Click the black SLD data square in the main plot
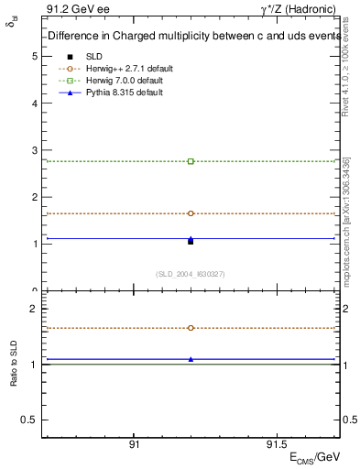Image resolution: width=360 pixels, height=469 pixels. (191, 242)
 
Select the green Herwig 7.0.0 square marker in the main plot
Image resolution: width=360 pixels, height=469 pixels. (191, 161)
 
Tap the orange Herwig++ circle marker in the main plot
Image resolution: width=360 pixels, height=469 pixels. (191, 213)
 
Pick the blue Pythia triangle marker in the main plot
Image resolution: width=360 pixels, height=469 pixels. (191, 238)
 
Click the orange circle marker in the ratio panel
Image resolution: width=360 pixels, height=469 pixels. (191, 328)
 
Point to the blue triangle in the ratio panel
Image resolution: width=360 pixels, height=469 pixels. (191, 359)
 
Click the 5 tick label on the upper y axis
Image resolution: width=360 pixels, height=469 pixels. (34, 56)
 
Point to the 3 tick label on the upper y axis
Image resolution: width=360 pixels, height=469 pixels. (34, 150)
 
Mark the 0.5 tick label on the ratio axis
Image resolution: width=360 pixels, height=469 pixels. (29, 420)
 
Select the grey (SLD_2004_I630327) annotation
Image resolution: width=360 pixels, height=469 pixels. (191, 275)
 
